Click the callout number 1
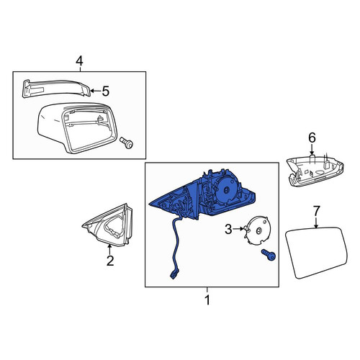pyautogui.click(x=207, y=300)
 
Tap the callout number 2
pyautogui.click(x=110, y=261)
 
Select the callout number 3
pyautogui.click(x=228, y=229)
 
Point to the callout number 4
pyautogui.click(x=79, y=61)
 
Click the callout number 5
pyautogui.click(x=106, y=91)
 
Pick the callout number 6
pyautogui.click(x=312, y=138)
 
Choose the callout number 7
pyautogui.click(x=317, y=211)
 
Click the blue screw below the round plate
pyautogui.click(x=269, y=255)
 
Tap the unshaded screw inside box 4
pyautogui.click(x=127, y=143)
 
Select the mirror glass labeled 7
pyautogui.click(x=317, y=253)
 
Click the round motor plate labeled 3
pyautogui.click(x=257, y=230)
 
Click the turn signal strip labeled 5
pyautogui.click(x=56, y=89)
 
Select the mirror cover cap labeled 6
pyautogui.click(x=315, y=171)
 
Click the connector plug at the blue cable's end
pyautogui.click(x=175, y=274)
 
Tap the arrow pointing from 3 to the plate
pyautogui.click(x=238, y=229)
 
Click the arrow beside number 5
pyautogui.click(x=96, y=91)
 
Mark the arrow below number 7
pyautogui.click(x=316, y=222)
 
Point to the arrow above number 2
pyautogui.click(x=109, y=249)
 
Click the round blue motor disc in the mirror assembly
pyautogui.click(x=227, y=189)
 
